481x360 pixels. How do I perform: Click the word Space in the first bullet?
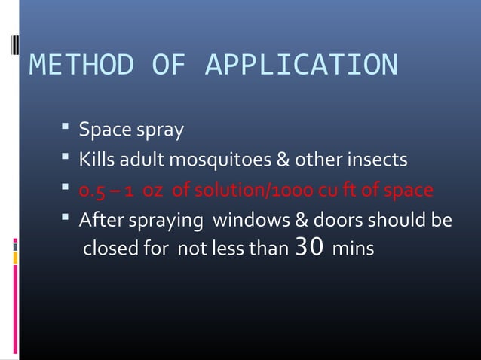[105, 130]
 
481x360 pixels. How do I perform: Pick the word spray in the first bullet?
[159, 132]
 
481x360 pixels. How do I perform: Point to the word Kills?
[97, 160]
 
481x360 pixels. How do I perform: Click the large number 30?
[310, 247]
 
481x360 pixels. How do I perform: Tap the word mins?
[353, 249]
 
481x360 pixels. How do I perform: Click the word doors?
[332, 220]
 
